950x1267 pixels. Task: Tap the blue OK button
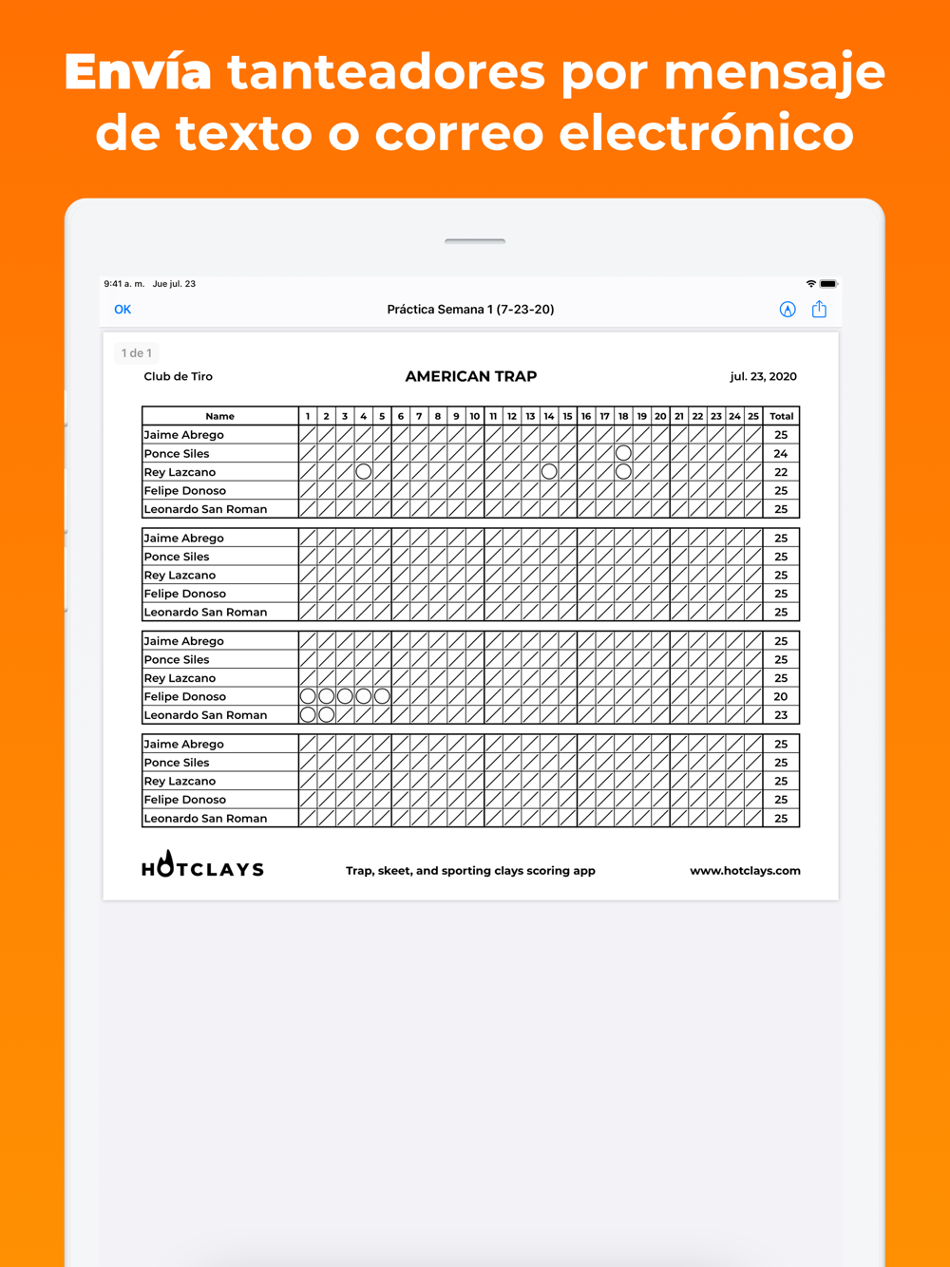[x=123, y=310]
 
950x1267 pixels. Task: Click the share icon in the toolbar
[x=819, y=310]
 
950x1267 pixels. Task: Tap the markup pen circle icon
[x=788, y=310]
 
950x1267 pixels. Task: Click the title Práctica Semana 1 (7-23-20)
[x=470, y=310]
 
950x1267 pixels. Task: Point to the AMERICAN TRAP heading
[x=471, y=376]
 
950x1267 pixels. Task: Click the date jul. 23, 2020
[x=763, y=376]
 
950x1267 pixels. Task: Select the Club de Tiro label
[x=179, y=376]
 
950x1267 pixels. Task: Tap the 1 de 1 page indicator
[x=136, y=353]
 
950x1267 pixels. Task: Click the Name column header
[x=219, y=416]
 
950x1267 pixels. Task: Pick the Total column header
[x=781, y=416]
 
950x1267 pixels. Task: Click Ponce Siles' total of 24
[x=781, y=453]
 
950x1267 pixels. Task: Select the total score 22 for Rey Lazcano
[x=781, y=472]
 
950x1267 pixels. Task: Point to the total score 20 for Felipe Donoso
[x=781, y=696]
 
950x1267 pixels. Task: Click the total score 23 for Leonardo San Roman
[x=781, y=715]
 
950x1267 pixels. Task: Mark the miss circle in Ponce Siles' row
[x=623, y=453]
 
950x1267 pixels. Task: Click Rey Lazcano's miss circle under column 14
[x=549, y=472]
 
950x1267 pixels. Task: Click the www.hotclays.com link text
[x=745, y=870]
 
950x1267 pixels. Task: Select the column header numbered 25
[x=753, y=416]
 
